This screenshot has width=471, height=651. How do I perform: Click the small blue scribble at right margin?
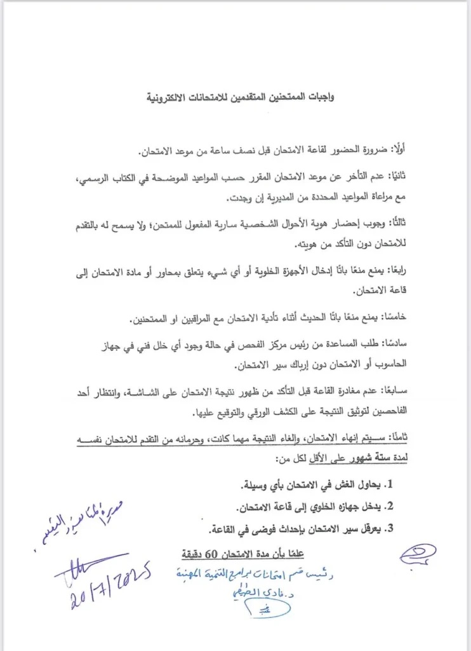(x=417, y=554)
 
